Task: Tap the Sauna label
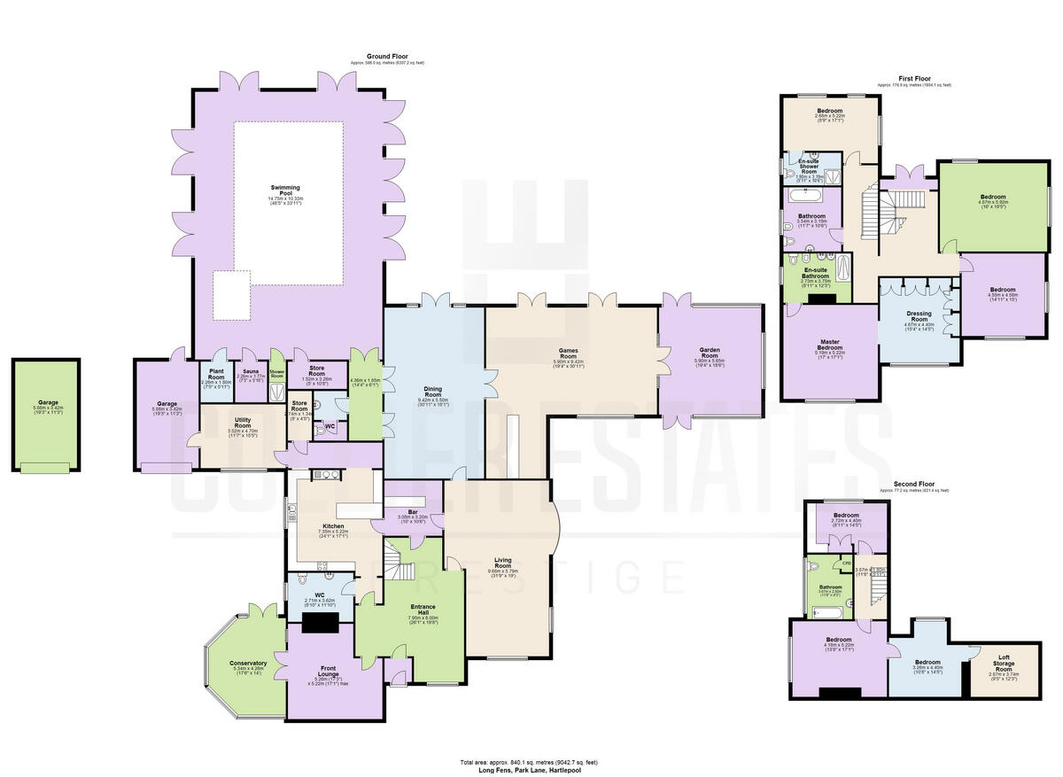[250, 371]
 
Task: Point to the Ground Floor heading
[389, 57]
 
